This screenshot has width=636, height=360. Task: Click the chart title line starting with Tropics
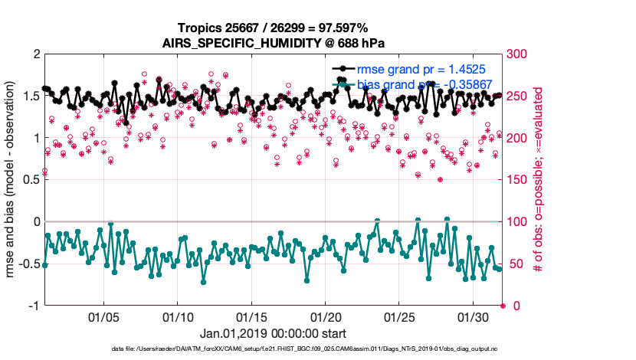click(x=274, y=28)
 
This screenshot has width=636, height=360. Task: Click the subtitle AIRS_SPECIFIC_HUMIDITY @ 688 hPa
click(x=274, y=43)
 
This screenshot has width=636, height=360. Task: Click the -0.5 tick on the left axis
click(x=28, y=264)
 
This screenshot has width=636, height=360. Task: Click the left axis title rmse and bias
click(x=12, y=180)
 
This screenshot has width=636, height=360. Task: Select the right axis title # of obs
click(x=539, y=180)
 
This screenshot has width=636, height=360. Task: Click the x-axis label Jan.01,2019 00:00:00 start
click(x=274, y=334)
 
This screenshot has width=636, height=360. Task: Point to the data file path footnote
click(x=274, y=350)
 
